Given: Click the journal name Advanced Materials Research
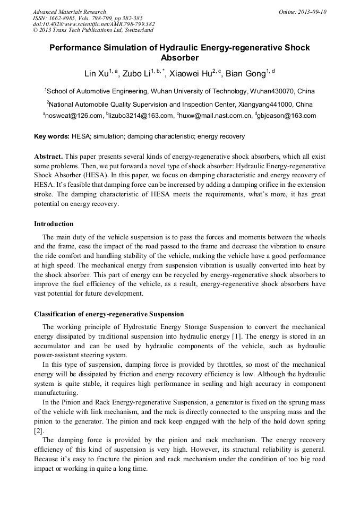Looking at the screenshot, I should [70, 12].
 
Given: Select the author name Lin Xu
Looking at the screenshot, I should [96, 73].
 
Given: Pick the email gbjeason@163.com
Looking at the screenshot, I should [287, 116].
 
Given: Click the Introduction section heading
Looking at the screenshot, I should [54, 224].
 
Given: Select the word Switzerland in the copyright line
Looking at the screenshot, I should [132, 31].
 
